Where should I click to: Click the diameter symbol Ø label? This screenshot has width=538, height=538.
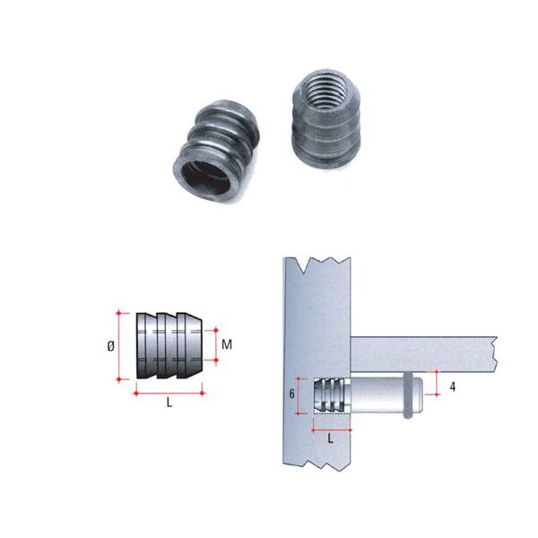110,346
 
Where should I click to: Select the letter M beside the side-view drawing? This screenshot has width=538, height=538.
227,344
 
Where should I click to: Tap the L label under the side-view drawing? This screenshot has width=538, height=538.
169,403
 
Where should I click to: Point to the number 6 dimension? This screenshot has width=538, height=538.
291,394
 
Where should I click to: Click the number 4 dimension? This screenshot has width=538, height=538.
453,387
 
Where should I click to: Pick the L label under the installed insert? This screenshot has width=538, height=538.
330,438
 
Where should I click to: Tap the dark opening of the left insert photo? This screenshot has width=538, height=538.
205,178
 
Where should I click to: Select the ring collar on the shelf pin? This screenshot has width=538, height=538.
408,395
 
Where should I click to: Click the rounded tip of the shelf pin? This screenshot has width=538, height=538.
419,395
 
